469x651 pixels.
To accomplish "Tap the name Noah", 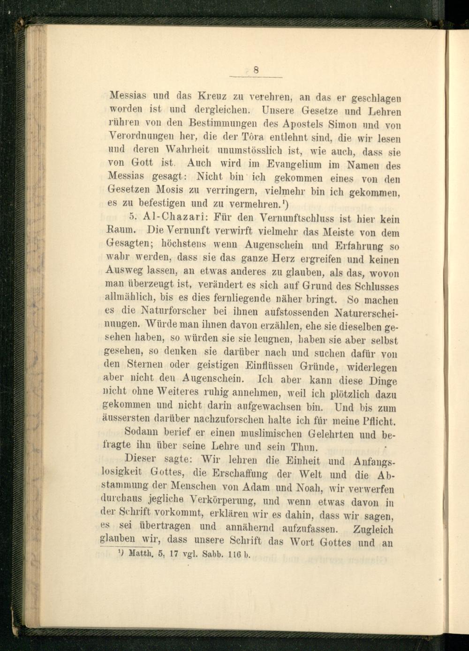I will pos(312,488).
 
